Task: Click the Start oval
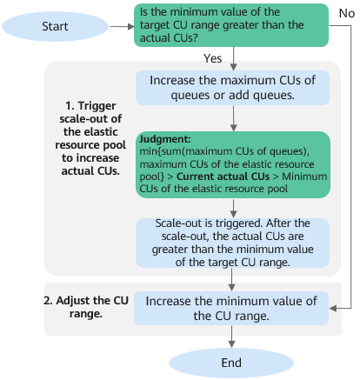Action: (x=55, y=26)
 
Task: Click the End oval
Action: (x=231, y=363)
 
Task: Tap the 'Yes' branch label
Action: (x=212, y=58)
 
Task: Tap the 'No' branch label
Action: (x=347, y=13)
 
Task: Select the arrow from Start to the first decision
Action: (x=122, y=27)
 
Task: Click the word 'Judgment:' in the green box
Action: (x=165, y=139)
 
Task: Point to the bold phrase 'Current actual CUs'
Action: (x=223, y=177)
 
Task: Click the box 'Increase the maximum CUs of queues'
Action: (x=233, y=88)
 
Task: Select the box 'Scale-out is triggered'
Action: (x=233, y=243)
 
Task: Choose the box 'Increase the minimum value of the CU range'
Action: (x=231, y=309)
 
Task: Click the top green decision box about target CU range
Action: (x=231, y=25)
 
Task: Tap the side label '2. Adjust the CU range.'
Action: (x=86, y=307)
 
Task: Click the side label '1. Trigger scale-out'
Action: (x=90, y=138)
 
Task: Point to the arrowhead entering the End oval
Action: (x=231, y=344)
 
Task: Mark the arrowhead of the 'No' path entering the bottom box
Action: (x=333, y=309)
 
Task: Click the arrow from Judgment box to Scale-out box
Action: (x=233, y=208)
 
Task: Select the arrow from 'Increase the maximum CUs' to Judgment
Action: (x=233, y=118)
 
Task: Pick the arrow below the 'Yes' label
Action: (x=233, y=58)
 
